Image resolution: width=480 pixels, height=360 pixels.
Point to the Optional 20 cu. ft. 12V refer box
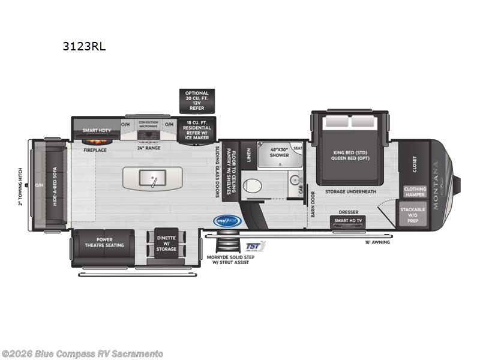[x=197, y=101]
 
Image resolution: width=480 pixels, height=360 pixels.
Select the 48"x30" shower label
[x=278, y=152]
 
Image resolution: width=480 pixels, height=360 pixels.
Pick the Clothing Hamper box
[x=415, y=192]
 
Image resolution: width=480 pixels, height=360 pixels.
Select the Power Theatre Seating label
[x=103, y=243]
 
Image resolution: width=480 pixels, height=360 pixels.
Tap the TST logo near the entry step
[x=256, y=246]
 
